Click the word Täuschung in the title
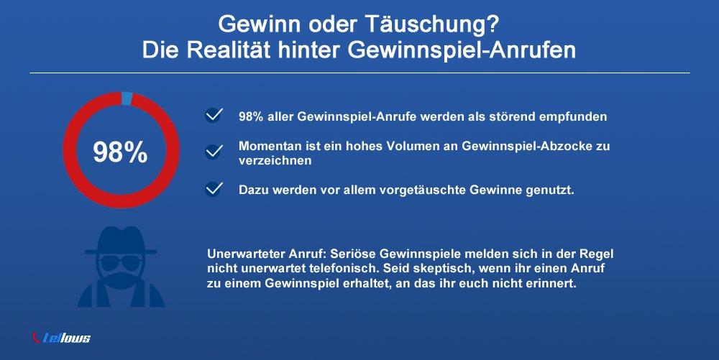tap(431, 24)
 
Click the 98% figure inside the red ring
tap(121, 152)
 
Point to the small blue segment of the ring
tap(127, 98)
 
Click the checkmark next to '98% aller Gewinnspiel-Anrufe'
tap(214, 115)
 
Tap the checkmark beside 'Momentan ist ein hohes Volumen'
tap(214, 151)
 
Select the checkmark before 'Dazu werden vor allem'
tap(214, 189)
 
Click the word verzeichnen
tap(275, 160)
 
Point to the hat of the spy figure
tap(121, 241)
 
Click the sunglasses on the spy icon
tap(121, 262)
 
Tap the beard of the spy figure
tap(121, 280)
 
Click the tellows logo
tap(61, 338)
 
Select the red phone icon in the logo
tap(36, 338)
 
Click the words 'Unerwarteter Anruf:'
tap(267, 254)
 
